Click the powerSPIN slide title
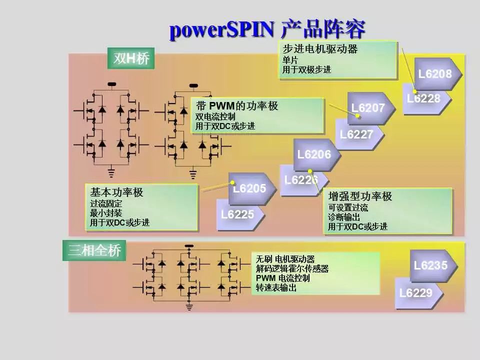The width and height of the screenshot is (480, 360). [267, 29]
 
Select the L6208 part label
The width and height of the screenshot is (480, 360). [434, 74]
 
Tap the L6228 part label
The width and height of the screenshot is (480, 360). [423, 98]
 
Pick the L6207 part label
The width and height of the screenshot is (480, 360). [368, 108]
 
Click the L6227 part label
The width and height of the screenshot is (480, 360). [356, 134]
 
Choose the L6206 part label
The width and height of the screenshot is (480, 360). [314, 154]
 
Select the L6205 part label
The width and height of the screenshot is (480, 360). [249, 188]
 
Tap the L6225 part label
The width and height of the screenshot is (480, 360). [237, 214]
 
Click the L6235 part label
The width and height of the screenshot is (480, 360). [430, 265]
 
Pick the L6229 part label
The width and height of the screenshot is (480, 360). [415, 292]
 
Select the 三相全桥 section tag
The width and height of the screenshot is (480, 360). [94, 250]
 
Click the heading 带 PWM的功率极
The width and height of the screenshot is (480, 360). [237, 106]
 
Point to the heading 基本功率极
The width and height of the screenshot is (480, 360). [116, 192]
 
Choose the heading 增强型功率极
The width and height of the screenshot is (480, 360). [360, 196]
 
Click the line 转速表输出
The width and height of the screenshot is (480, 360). [276, 288]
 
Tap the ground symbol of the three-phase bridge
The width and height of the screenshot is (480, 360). [189, 305]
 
